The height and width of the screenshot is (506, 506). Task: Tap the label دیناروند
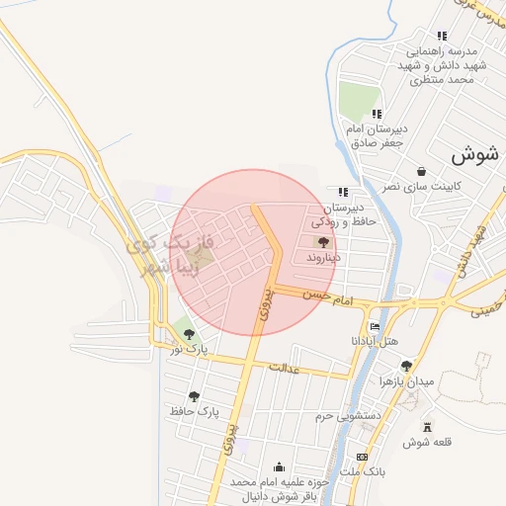click(323, 257)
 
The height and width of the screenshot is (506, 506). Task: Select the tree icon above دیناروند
click(323, 242)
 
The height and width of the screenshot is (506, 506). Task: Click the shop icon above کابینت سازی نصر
click(422, 170)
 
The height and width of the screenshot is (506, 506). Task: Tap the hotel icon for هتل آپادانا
click(375, 327)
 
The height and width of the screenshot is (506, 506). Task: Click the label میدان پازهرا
click(406, 380)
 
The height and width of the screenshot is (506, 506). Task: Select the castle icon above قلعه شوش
click(427, 427)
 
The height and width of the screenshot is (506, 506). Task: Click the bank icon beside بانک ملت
click(363, 457)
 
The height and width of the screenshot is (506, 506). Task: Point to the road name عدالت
click(283, 368)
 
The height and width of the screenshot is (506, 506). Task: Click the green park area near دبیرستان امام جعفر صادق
click(358, 101)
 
